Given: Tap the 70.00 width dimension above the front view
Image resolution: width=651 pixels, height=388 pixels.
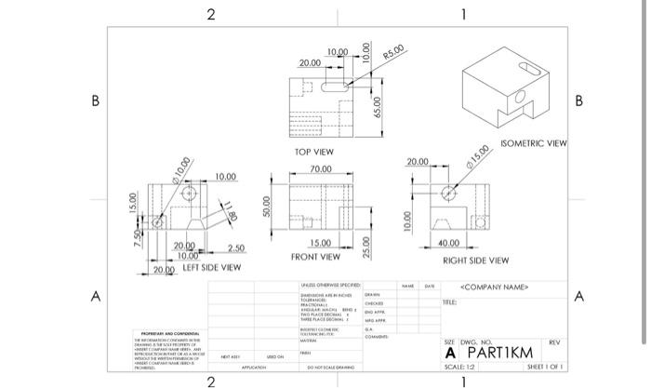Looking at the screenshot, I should point(320,169).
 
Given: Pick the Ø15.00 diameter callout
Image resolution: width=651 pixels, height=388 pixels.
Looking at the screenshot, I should point(479,153).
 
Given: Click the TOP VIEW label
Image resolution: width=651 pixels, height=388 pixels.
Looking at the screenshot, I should point(314,151).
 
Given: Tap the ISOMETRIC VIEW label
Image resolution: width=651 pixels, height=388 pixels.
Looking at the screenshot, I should point(533,144).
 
